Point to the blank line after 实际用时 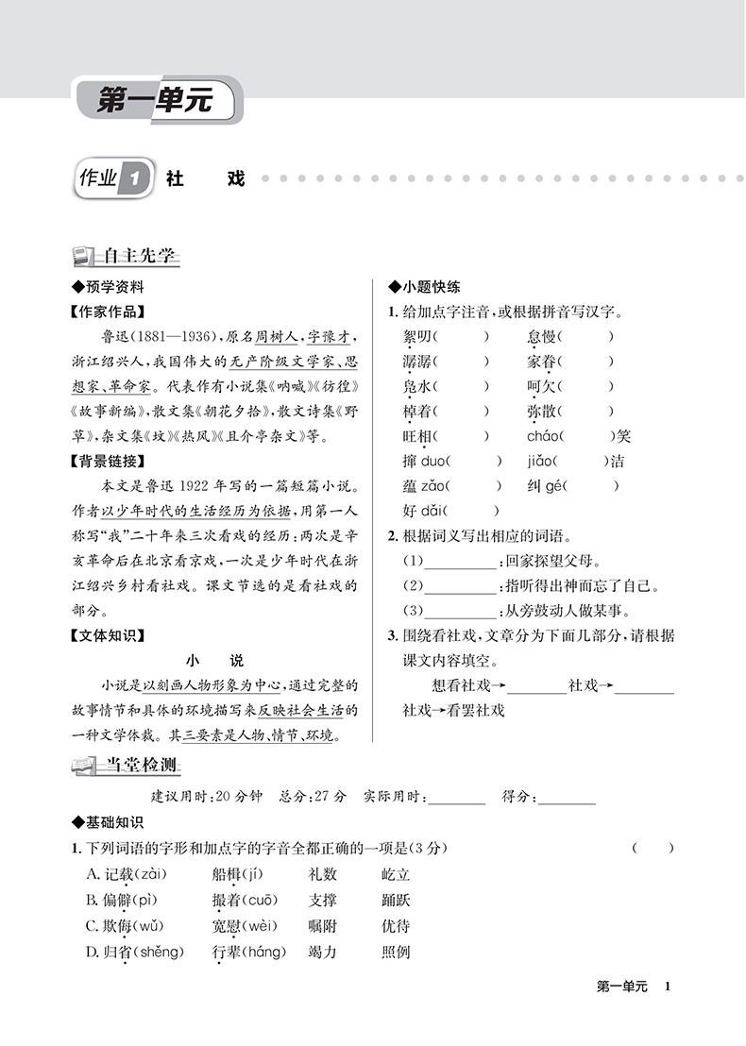click(456, 800)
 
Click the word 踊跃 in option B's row click(396, 901)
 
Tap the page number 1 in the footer click(668, 987)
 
